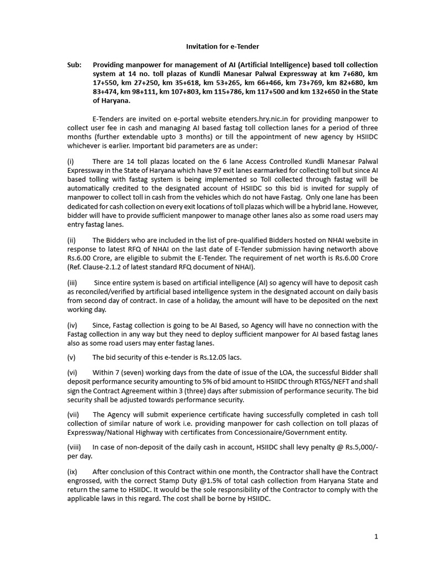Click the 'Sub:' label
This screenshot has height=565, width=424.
[x=75, y=65]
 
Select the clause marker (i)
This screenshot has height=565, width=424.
[x=70, y=161]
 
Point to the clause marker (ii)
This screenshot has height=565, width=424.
[x=71, y=240]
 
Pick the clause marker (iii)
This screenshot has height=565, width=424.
[x=72, y=283]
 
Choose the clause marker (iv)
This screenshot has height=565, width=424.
[x=72, y=326]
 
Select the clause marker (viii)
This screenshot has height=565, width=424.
[x=74, y=447]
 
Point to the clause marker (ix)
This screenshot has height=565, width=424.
[x=72, y=472]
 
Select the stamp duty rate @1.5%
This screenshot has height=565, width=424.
[x=210, y=481]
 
